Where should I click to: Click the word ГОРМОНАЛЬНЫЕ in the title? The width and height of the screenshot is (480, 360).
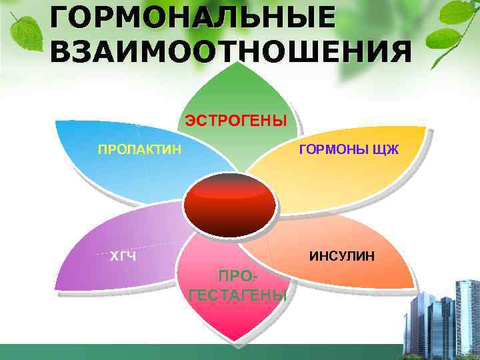coord(193,17)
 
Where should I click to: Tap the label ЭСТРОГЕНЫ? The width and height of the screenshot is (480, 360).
coord(235,120)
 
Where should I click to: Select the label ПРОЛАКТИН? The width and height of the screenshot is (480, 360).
coord(139,149)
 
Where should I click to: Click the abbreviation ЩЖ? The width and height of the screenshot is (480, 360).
coord(386,149)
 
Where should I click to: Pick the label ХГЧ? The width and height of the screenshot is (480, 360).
coord(123,255)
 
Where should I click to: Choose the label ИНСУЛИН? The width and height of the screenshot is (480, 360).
coord(341,255)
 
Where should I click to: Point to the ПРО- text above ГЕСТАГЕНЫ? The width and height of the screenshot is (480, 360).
coord(238,277)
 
